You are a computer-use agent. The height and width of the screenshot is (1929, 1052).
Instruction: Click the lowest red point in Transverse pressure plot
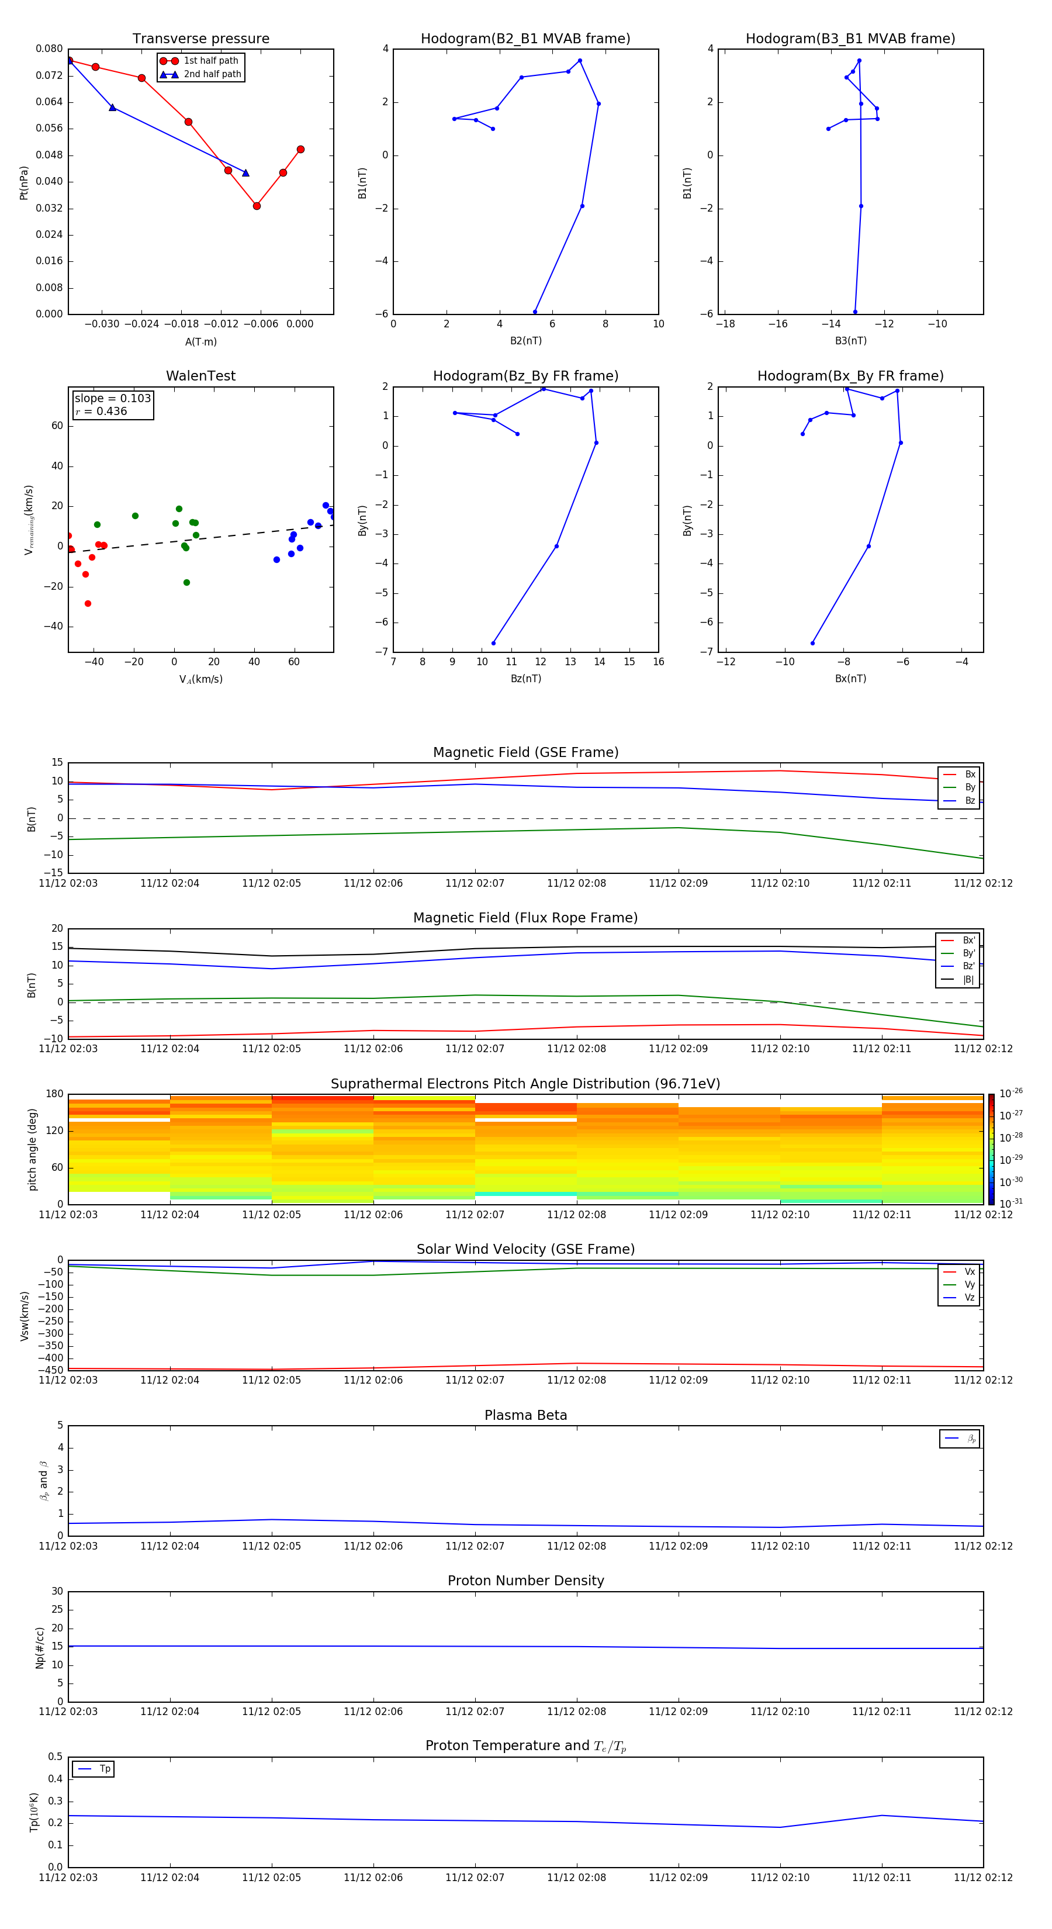pyautogui.click(x=257, y=206)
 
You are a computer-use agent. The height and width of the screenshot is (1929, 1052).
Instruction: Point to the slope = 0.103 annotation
pyautogui.click(x=112, y=399)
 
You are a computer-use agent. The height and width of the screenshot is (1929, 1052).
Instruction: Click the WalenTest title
pyautogui.click(x=200, y=376)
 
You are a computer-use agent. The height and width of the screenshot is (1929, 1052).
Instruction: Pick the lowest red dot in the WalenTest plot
pyautogui.click(x=88, y=604)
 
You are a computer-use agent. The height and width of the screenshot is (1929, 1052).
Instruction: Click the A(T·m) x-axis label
pyautogui.click(x=200, y=341)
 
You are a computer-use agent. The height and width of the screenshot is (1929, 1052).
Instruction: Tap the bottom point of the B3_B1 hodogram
pyautogui.click(x=855, y=312)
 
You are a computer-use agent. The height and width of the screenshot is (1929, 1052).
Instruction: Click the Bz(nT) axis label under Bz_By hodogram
pyautogui.click(x=525, y=679)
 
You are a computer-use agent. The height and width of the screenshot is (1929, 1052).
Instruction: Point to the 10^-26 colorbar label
pyautogui.click(x=1011, y=1093)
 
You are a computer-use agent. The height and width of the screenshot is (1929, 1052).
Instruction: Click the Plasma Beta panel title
pyautogui.click(x=525, y=1415)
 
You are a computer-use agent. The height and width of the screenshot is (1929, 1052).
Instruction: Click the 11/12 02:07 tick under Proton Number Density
pyautogui.click(x=475, y=1711)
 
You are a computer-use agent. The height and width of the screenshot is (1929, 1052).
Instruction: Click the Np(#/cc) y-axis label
pyautogui.click(x=40, y=1647)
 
